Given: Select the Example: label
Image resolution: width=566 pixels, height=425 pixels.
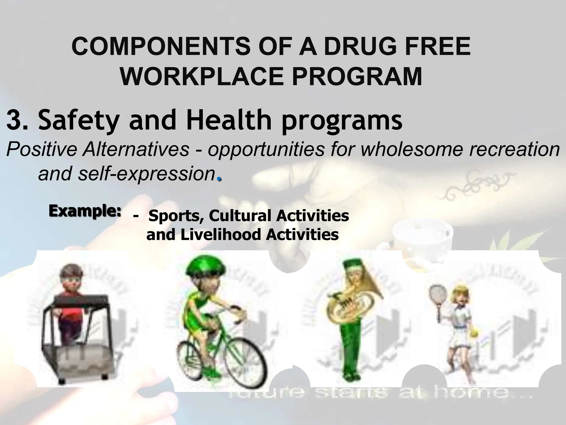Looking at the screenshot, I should tap(85, 211).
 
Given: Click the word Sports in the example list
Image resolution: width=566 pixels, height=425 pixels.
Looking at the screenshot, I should tap(175, 216).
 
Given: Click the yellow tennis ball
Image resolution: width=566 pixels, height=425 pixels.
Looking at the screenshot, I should tap(475, 334).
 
